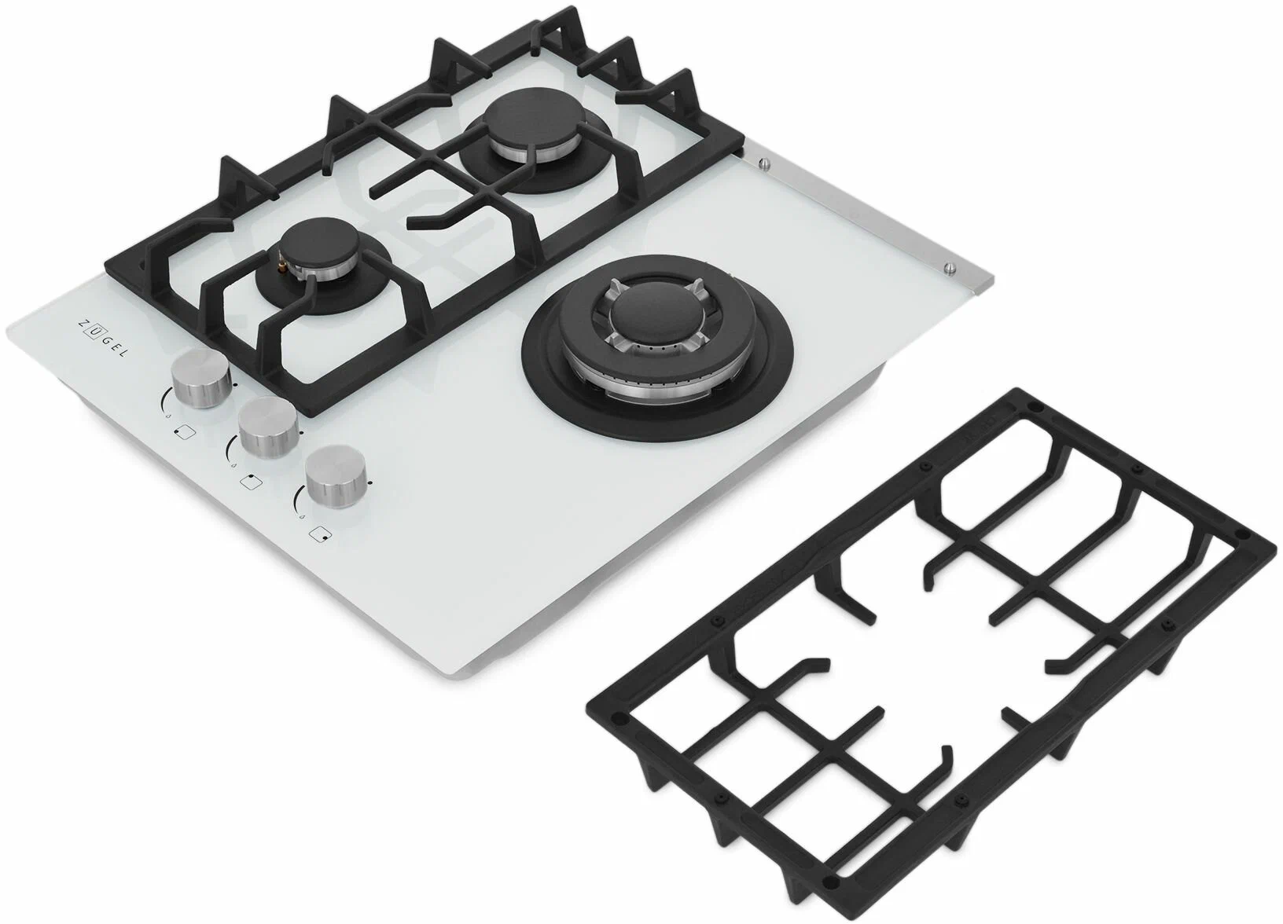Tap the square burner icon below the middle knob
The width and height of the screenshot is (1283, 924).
pyautogui.click(x=251, y=482)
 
